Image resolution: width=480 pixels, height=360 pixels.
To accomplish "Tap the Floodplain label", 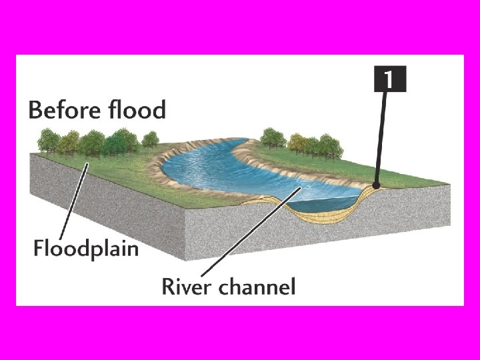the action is coord(86,249).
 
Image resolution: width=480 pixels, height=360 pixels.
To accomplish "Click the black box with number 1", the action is coord(390,79).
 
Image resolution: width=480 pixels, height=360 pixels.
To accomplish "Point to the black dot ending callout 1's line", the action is coord(376,186).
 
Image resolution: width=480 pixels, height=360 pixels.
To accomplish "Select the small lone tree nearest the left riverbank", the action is coord(151,139).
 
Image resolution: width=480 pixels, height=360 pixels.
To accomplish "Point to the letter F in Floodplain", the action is coord(39,249).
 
